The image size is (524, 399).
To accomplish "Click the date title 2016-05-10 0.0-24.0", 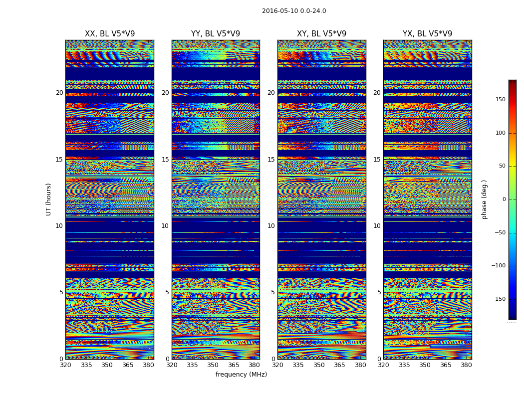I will pyautogui.click(x=294, y=11).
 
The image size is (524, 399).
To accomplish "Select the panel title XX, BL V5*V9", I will pyautogui.click(x=110, y=34).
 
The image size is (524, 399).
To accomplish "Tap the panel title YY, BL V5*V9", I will pyautogui.click(x=216, y=34).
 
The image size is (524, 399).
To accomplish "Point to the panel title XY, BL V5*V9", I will pyautogui.click(x=321, y=34).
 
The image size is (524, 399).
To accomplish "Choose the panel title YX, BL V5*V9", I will pyautogui.click(x=427, y=34).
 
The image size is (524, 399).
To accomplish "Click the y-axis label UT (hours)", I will pyautogui.click(x=49, y=199).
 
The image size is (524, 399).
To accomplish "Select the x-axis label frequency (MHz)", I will pyautogui.click(x=241, y=375).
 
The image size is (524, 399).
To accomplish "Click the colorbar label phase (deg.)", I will pyautogui.click(x=484, y=199).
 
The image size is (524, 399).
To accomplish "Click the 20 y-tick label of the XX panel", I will pyautogui.click(x=59, y=93).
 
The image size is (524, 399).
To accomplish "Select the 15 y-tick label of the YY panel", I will pyautogui.click(x=165, y=160).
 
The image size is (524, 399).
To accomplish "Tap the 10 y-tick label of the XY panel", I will pyautogui.click(x=271, y=226).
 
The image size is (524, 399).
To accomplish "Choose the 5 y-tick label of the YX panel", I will pyautogui.click(x=379, y=292).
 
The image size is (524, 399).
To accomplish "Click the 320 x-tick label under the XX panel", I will pyautogui.click(x=65, y=365).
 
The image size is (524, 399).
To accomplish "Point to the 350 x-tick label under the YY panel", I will pyautogui.click(x=213, y=365).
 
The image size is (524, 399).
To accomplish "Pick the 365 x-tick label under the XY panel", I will pyautogui.click(x=339, y=365).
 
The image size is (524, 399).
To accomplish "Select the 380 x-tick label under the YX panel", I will pyautogui.click(x=466, y=365).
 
